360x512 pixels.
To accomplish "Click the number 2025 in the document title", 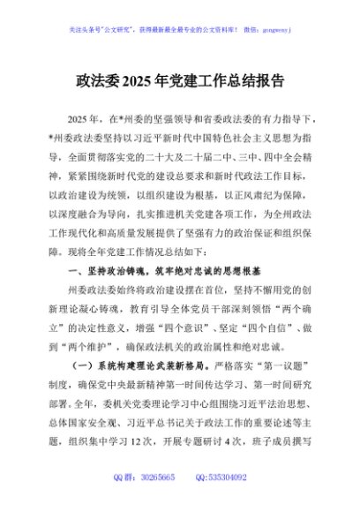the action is tap(144, 81).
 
